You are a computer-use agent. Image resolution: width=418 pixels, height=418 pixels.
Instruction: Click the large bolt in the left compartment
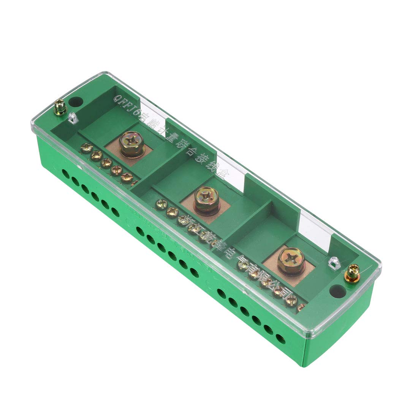(131, 144)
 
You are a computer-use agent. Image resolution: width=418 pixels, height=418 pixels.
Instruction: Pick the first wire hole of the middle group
(139, 230)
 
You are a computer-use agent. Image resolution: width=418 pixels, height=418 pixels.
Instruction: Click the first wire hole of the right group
(221, 293)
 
